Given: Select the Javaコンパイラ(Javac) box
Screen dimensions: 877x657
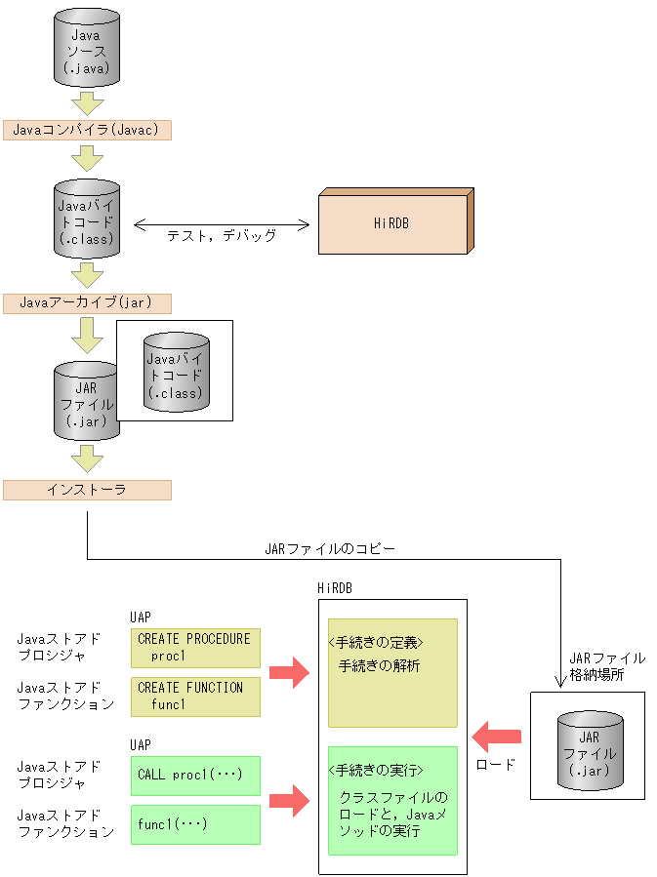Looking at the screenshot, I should point(87,129).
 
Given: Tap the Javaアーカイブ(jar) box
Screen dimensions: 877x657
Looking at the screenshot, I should point(87,302).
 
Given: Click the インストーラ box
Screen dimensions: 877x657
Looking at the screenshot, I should point(87,490).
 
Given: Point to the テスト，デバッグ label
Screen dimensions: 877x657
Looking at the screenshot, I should point(222,235).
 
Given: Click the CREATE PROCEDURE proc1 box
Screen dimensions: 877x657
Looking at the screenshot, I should point(195,648).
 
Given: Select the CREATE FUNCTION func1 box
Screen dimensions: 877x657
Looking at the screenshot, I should point(195,697).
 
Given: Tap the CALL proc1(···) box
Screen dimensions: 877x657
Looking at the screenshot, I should point(195,776).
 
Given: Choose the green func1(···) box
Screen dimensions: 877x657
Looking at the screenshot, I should point(195,824).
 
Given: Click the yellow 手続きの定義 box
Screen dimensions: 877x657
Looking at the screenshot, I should point(392,673).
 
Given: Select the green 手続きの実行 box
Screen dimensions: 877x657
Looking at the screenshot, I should point(392,800).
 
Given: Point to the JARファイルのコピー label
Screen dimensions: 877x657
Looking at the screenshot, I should point(330,548).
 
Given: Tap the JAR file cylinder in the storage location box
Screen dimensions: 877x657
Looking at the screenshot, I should point(590,750).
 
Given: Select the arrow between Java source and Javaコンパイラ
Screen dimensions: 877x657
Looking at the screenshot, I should point(87,102).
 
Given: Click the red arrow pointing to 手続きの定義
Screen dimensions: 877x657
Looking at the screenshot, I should point(289,672).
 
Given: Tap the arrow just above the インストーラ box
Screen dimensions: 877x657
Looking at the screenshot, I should point(87,458).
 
